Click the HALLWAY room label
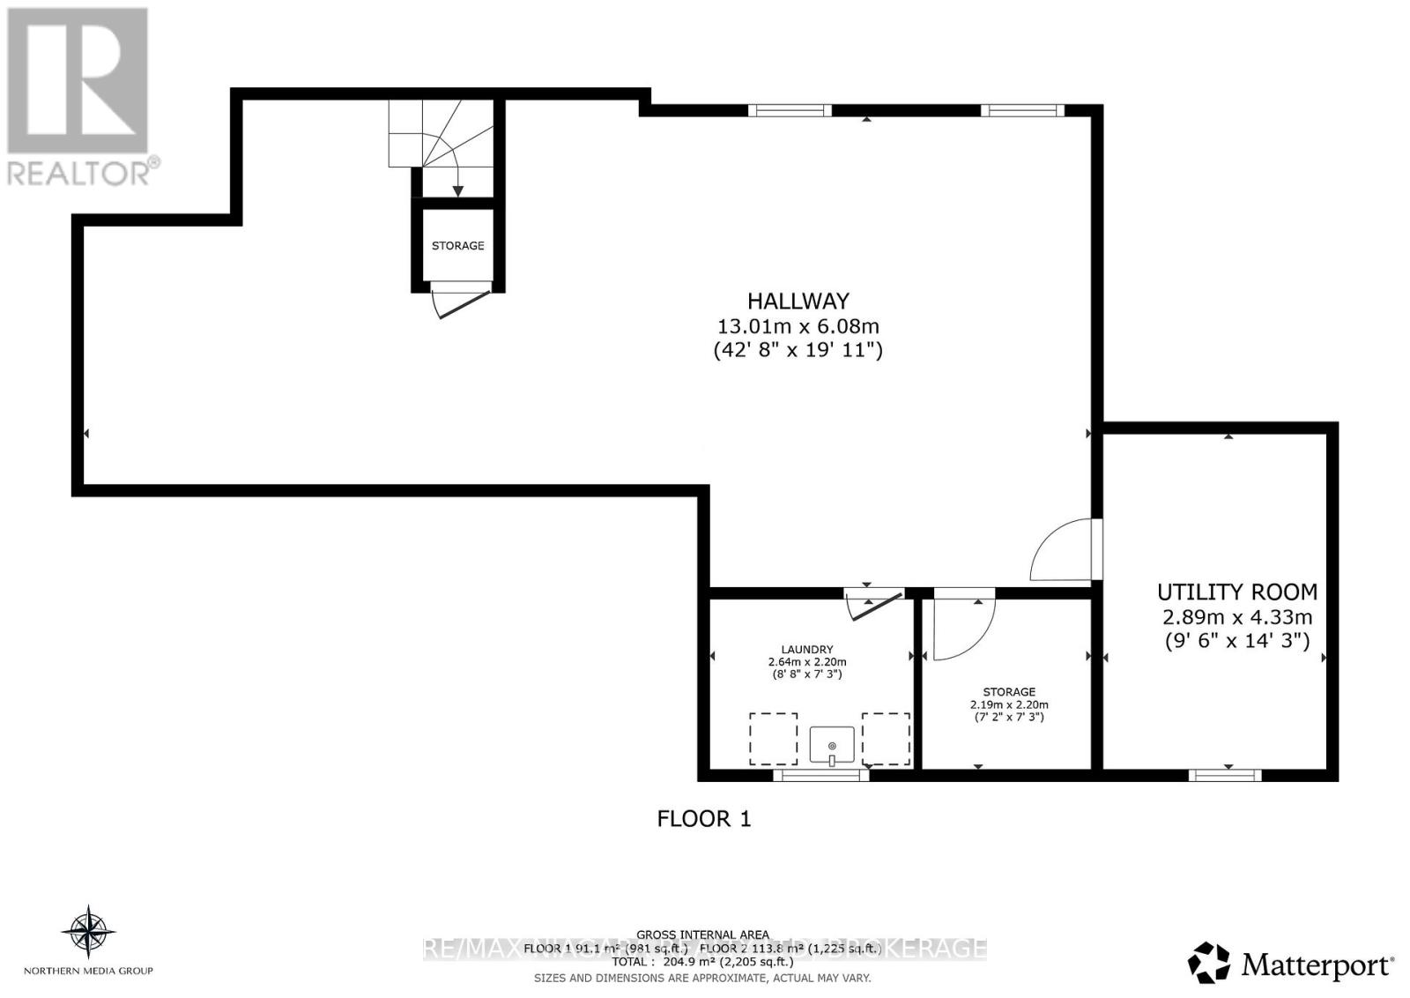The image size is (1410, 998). point(798,301)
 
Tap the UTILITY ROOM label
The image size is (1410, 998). point(1237,592)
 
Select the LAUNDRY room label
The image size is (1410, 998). point(806,649)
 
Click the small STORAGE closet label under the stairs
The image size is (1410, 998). point(457,246)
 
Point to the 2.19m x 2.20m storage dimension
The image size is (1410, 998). point(1009,704)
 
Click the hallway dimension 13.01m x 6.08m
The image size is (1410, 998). point(798,326)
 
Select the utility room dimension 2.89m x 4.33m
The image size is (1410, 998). point(1237,617)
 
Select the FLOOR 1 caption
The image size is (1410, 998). point(704,819)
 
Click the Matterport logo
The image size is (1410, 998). point(1291,964)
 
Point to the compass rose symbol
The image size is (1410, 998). point(88,931)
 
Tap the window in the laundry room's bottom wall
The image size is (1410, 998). point(820,775)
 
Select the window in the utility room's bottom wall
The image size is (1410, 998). point(1225,775)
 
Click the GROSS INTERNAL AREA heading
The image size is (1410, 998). point(702,935)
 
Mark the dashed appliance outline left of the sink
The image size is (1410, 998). point(773,739)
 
